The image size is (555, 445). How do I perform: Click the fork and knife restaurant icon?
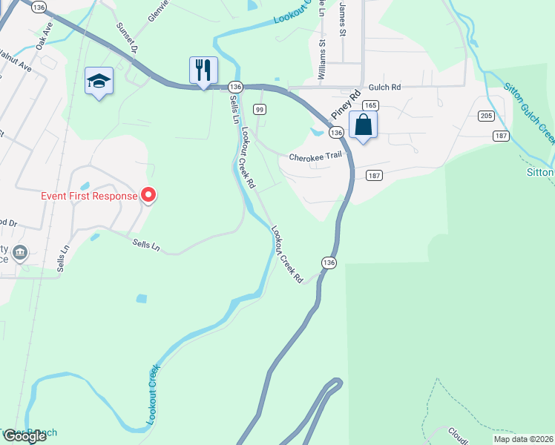coord(203,70)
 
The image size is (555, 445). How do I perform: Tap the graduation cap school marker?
coord(99,81)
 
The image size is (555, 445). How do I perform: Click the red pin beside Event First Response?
coord(148,195)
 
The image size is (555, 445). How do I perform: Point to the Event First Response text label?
coord(88,196)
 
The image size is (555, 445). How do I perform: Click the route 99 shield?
coord(259,109)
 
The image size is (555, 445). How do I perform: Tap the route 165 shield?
coord(371,105)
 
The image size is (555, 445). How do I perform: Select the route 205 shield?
coord(486,116)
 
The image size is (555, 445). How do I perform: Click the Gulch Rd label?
coord(385,87)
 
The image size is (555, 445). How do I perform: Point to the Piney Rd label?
coord(345,103)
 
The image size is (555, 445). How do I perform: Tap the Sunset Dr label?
coord(127,37)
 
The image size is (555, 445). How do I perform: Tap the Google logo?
coord(25,436)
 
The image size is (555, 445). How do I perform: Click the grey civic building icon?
coord(20,253)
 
